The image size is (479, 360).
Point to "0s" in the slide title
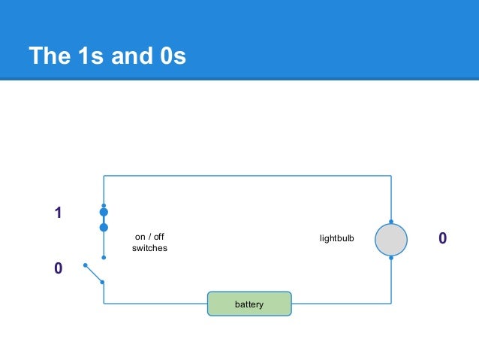[x=171, y=56]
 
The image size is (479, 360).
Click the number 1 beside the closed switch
[x=57, y=214]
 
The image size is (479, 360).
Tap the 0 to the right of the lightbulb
[x=443, y=238]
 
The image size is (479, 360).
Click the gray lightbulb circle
[x=391, y=239]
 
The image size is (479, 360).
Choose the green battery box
[x=249, y=304]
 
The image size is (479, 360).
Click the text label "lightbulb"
[x=336, y=238]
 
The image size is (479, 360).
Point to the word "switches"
[x=149, y=249]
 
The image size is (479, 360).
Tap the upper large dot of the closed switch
[x=104, y=213]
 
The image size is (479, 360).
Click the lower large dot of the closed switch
[x=104, y=227]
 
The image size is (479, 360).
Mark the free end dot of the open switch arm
[x=86, y=265]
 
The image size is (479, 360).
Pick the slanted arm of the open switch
[x=95, y=274]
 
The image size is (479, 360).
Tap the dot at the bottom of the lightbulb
[x=391, y=258]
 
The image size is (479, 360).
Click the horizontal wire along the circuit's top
[x=248, y=176]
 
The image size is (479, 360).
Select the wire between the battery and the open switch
[x=154, y=304]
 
